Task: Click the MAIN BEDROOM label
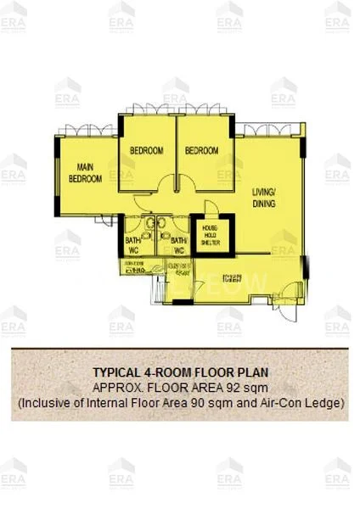[x=85, y=173]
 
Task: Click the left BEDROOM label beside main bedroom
[x=146, y=151]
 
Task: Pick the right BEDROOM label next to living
[x=202, y=151]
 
